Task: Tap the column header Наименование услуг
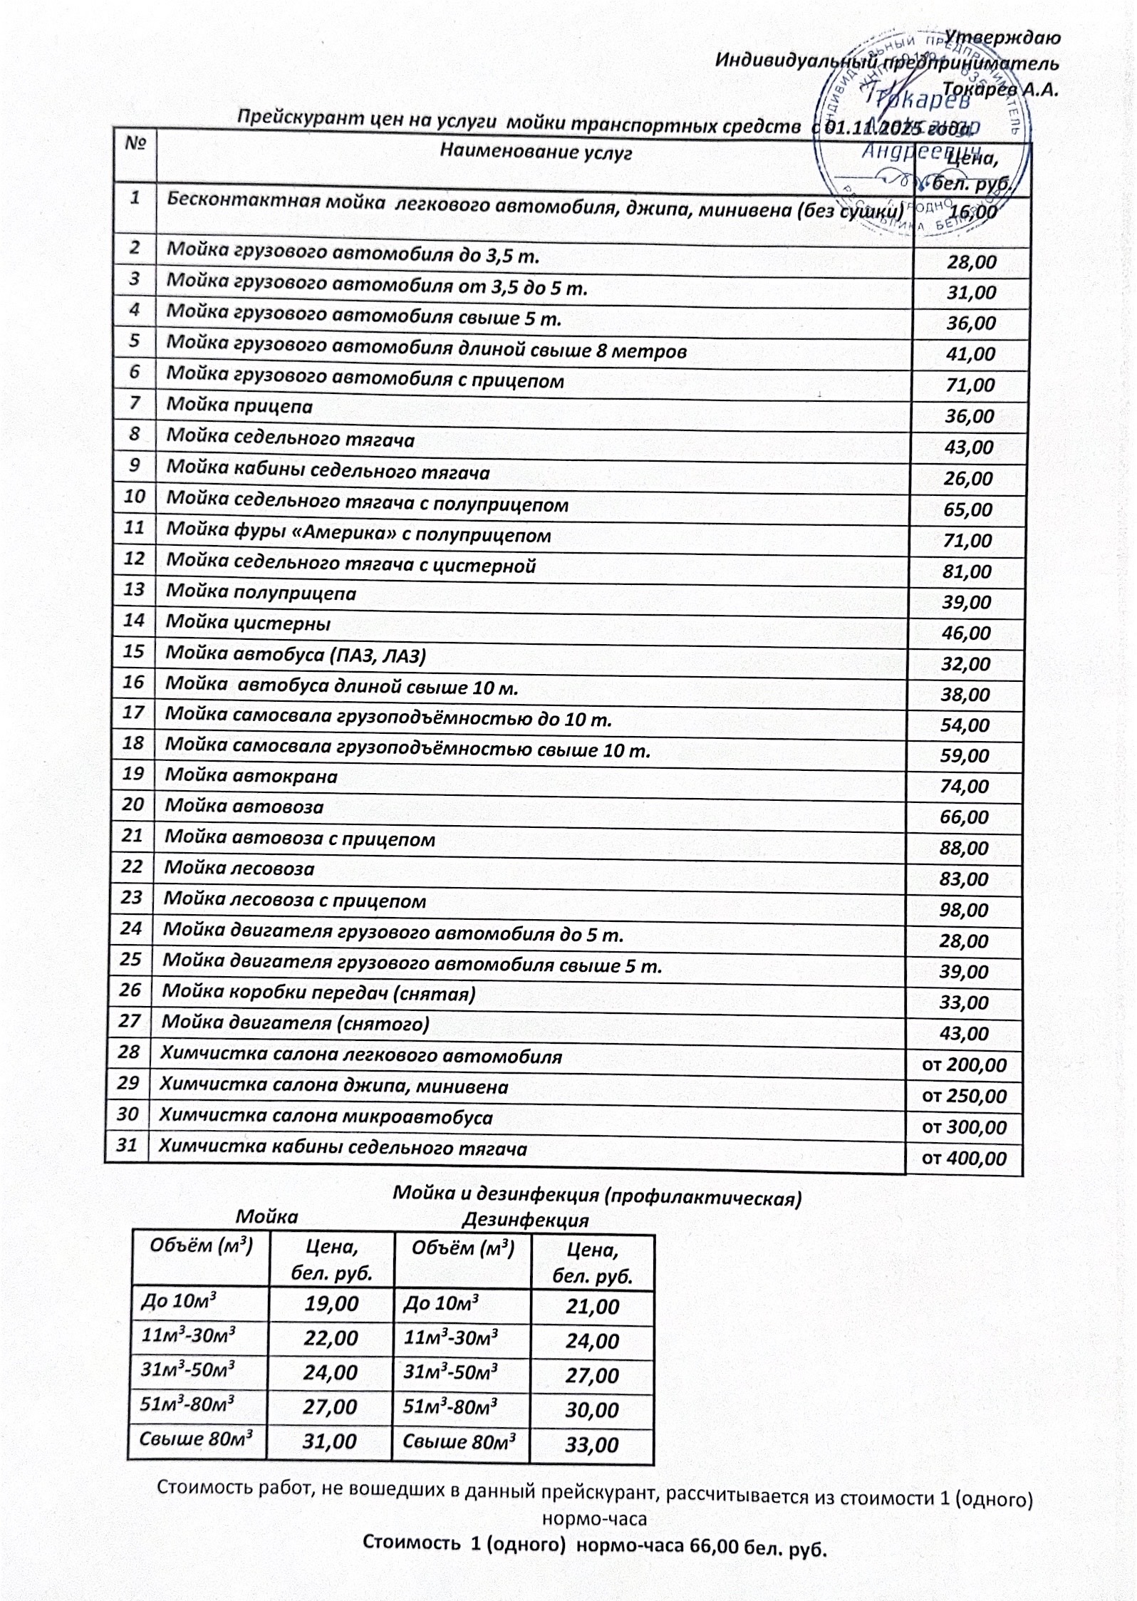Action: click(x=536, y=151)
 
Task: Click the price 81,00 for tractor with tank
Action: click(x=967, y=571)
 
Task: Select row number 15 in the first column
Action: click(x=133, y=651)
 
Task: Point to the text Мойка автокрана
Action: click(x=251, y=776)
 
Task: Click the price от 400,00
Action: click(x=964, y=1158)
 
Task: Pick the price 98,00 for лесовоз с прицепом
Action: click(x=964, y=910)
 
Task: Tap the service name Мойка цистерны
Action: click(x=248, y=623)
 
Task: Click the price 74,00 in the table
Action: click(x=965, y=787)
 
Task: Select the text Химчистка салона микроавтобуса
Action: click(x=326, y=1116)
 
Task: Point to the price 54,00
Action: click(x=965, y=725)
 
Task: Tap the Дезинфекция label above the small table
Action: click(x=525, y=1220)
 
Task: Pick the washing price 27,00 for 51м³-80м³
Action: click(x=330, y=1406)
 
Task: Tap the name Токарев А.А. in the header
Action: click(x=1000, y=90)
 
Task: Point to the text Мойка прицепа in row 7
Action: click(x=239, y=406)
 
